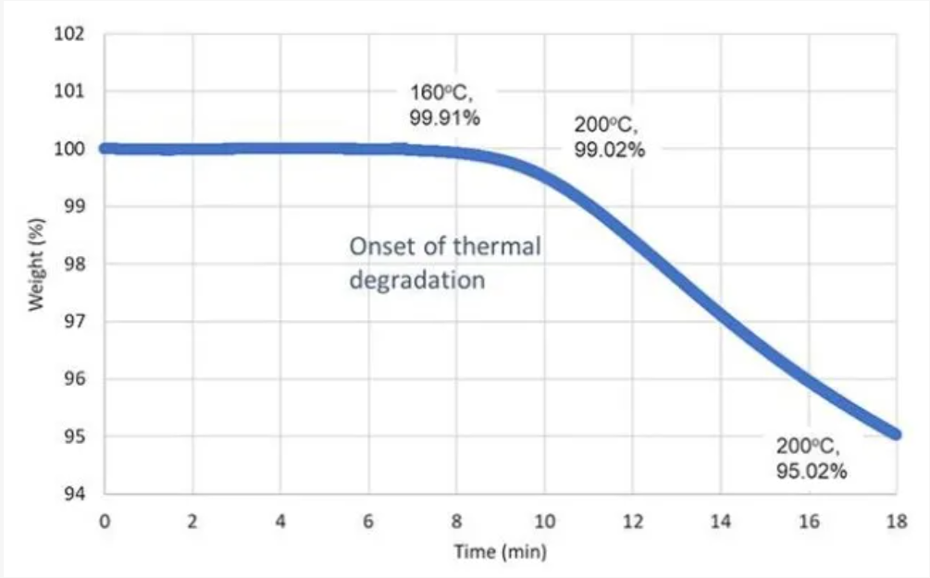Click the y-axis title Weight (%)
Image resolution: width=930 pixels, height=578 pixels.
click(x=37, y=264)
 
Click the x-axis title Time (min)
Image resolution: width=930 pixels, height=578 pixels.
click(x=500, y=552)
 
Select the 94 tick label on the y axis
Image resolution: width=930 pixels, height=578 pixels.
click(x=76, y=494)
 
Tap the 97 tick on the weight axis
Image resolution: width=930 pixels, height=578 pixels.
click(x=76, y=322)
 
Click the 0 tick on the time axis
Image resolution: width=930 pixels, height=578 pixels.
click(x=105, y=522)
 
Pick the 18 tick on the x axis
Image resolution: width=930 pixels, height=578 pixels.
click(x=896, y=522)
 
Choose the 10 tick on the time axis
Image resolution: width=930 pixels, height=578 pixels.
click(x=544, y=522)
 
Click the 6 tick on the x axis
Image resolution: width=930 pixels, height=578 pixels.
click(x=368, y=522)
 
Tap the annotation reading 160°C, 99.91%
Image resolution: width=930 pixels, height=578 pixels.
click(x=444, y=105)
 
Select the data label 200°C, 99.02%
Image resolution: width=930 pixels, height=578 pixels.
click(x=609, y=138)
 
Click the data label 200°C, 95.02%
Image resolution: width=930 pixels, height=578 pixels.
click(x=812, y=459)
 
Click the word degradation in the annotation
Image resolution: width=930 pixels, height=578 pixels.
click(x=416, y=279)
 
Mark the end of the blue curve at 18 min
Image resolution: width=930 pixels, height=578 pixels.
click(x=895, y=434)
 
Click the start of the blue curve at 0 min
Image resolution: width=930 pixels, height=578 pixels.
click(x=105, y=148)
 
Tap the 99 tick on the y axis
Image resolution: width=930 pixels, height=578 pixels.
click(x=76, y=206)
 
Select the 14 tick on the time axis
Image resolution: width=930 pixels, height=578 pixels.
click(x=720, y=522)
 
